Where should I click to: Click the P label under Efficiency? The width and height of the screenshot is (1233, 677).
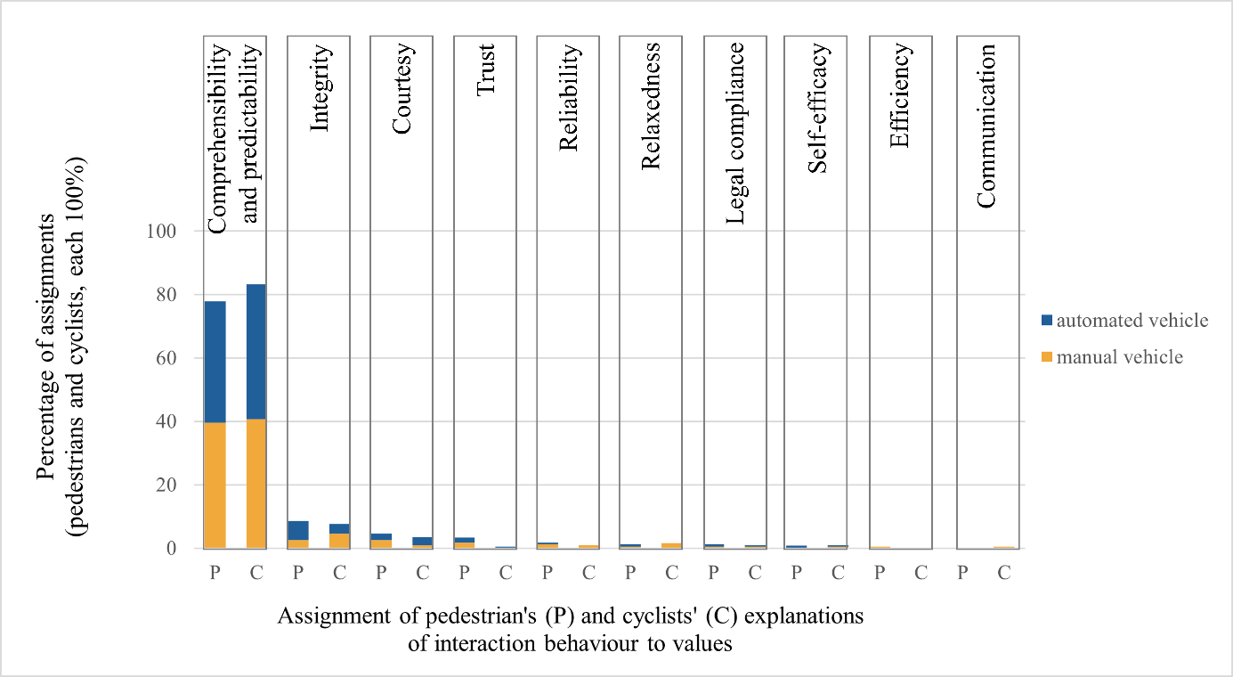pyautogui.click(x=880, y=574)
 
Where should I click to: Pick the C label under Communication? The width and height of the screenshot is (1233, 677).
pyautogui.click(x=1004, y=574)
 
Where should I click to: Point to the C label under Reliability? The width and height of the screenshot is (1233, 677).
pyautogui.click(x=588, y=574)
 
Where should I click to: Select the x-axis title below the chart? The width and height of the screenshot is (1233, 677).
pyautogui.click(x=570, y=630)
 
